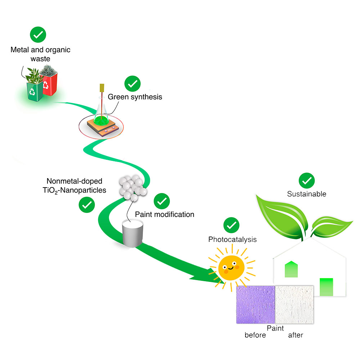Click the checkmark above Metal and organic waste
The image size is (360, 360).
coord(38,35)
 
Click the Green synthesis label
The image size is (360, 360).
coord(135,97)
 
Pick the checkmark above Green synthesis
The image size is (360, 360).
coord(132,84)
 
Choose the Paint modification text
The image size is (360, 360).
coord(165,215)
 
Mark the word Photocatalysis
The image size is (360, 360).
coord(232,239)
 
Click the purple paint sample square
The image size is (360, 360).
coord(256,304)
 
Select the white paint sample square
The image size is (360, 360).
coord(295,304)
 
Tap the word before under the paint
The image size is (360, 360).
coord(255,335)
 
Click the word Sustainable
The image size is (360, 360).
coord(306,194)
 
